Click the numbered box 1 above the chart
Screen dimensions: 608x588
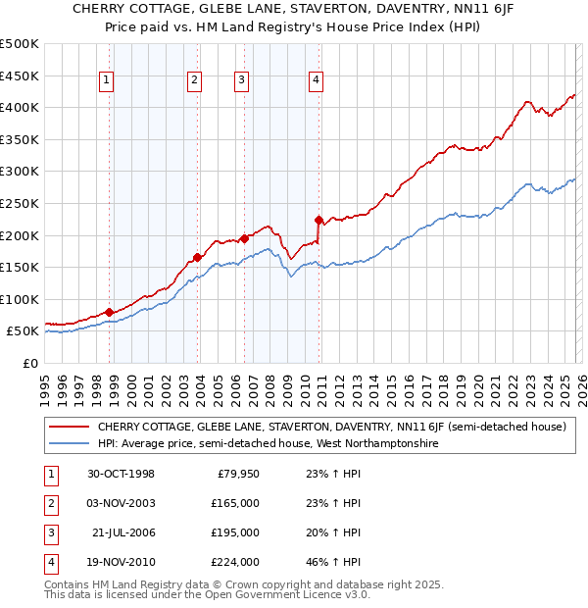[106, 81]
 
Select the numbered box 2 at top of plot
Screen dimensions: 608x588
[194, 81]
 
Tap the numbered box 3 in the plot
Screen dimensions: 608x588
[241, 81]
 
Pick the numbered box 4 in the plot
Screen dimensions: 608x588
[316, 81]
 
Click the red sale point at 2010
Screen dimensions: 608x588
[318, 220]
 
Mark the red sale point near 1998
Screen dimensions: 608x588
[110, 312]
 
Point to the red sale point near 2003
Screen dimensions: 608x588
[197, 258]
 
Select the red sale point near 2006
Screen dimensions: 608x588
[244, 238]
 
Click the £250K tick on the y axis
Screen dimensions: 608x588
[20, 203]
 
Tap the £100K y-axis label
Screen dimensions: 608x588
[20, 299]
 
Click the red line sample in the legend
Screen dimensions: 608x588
[70, 427]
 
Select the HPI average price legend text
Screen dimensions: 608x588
[268, 444]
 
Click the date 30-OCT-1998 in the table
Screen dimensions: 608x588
[121, 474]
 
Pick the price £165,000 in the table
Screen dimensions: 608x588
[235, 503]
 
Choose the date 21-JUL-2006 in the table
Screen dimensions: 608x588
[122, 532]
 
